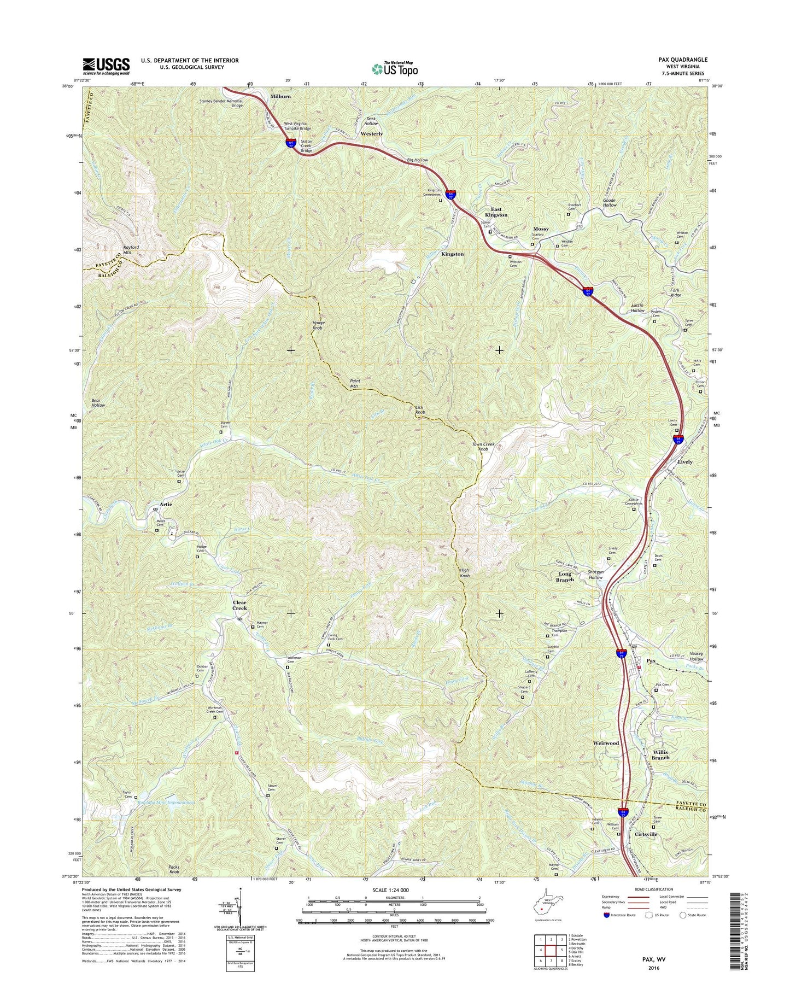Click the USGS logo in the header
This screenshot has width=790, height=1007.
[106, 66]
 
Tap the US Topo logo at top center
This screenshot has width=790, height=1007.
[395, 69]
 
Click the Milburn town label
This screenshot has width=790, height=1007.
[280, 96]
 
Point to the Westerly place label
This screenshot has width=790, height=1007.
[372, 133]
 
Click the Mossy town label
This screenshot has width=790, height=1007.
[541, 229]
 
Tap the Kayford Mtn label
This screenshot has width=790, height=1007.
[131, 250]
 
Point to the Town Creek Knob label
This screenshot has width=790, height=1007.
[483, 447]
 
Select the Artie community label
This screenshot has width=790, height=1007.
[165, 504]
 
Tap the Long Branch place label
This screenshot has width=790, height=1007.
[565, 577]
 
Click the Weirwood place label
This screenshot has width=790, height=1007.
[606, 743]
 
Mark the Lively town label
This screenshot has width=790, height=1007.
[684, 462]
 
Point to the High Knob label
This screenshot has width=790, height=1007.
[465, 573]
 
